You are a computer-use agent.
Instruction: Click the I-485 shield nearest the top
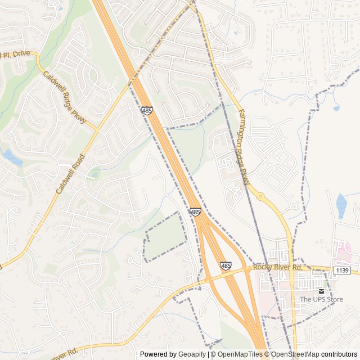(147, 111)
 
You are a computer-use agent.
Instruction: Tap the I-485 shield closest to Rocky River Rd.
(226, 265)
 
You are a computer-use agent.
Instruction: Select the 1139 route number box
(342, 271)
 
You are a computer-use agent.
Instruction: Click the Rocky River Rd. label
(277, 267)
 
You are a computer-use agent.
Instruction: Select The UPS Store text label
(321, 299)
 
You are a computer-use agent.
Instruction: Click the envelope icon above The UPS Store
(322, 291)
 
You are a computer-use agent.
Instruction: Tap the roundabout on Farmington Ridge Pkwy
(260, 196)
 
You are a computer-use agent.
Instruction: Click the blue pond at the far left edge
(11, 158)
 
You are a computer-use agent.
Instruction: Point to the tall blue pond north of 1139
(341, 206)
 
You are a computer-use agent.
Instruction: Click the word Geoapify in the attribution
(193, 354)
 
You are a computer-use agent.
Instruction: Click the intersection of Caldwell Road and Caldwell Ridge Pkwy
(97, 130)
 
